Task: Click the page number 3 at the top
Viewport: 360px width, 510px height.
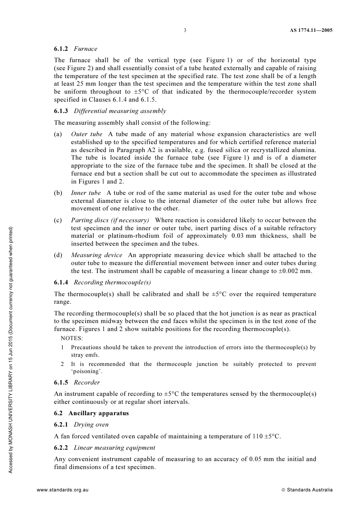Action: [185, 30]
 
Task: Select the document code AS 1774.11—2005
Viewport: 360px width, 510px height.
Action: [308, 30]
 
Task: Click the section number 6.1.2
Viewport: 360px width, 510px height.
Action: [61, 49]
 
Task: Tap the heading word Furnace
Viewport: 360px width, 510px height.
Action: [85, 49]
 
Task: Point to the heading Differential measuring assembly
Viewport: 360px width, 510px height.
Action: [120, 111]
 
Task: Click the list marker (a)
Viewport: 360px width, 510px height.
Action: [58, 134]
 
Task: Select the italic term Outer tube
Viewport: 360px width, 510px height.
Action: [86, 134]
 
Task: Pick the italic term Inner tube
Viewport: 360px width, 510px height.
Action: [86, 193]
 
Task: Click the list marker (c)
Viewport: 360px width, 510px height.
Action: [58, 220]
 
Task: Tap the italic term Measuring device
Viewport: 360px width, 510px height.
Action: [97, 255]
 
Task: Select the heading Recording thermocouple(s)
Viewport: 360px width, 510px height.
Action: [112, 282]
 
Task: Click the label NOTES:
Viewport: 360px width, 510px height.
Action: [72, 338]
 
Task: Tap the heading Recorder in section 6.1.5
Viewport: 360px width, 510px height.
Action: [87, 383]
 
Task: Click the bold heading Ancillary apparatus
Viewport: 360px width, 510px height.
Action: [99, 413]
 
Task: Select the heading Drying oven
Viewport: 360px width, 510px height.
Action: [91, 425]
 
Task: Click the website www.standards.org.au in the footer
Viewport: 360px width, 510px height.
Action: [63, 490]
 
